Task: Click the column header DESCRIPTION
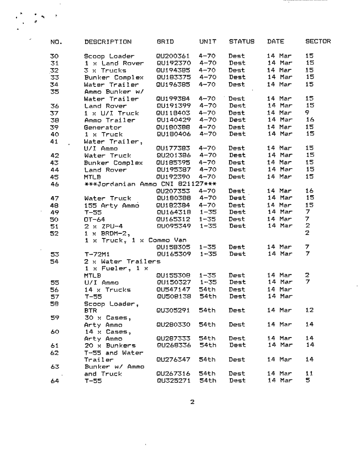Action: [x=108, y=42]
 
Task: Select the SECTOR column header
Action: [x=318, y=42]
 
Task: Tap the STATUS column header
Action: [x=242, y=42]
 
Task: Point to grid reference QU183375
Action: [x=173, y=77]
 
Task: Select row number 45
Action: [x=54, y=177]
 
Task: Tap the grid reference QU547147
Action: [x=173, y=290]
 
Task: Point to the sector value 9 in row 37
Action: [x=307, y=113]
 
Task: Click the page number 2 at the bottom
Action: [x=192, y=402]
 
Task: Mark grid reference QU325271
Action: [x=173, y=381]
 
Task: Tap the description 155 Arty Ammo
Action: [x=109, y=205]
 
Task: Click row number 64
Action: [x=54, y=381]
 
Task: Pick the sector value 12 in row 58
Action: [x=309, y=310]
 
